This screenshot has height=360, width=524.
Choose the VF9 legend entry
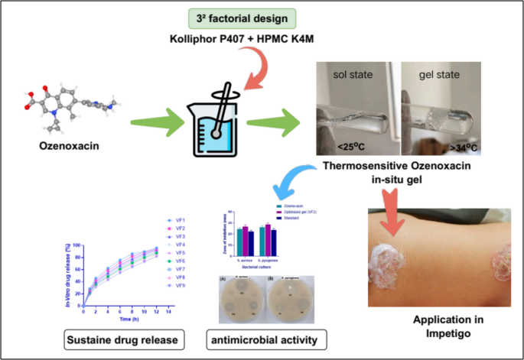(177, 287)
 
